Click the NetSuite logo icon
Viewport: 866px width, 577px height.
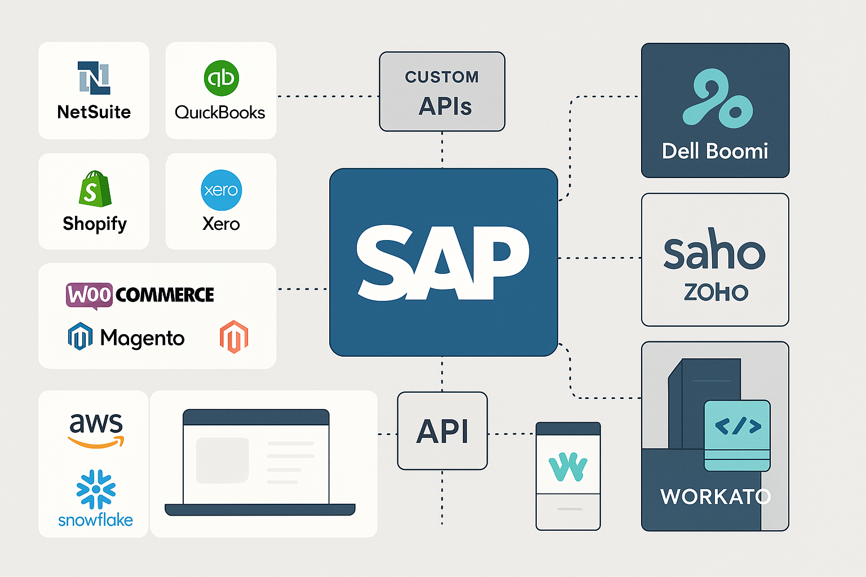tap(94, 77)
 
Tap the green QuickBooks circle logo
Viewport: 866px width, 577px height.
tap(221, 78)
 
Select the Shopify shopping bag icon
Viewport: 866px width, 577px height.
tap(95, 189)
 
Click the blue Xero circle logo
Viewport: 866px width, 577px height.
tap(221, 190)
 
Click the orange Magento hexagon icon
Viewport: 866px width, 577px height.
tap(233, 337)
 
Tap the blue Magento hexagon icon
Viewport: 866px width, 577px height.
tap(80, 336)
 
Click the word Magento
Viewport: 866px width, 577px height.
tap(142, 338)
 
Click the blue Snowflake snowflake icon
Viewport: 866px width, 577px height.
tap(96, 489)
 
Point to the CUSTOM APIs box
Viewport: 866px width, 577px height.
tap(442, 92)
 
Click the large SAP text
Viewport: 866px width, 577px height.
tap(443, 263)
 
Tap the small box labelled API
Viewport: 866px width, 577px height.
tap(442, 431)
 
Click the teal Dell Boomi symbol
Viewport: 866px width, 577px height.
tap(716, 98)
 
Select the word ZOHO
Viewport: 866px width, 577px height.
tap(715, 292)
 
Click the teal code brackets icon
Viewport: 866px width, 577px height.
tap(737, 427)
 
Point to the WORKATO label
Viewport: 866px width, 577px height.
tap(715, 496)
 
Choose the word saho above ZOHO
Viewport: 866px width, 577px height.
tap(714, 251)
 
